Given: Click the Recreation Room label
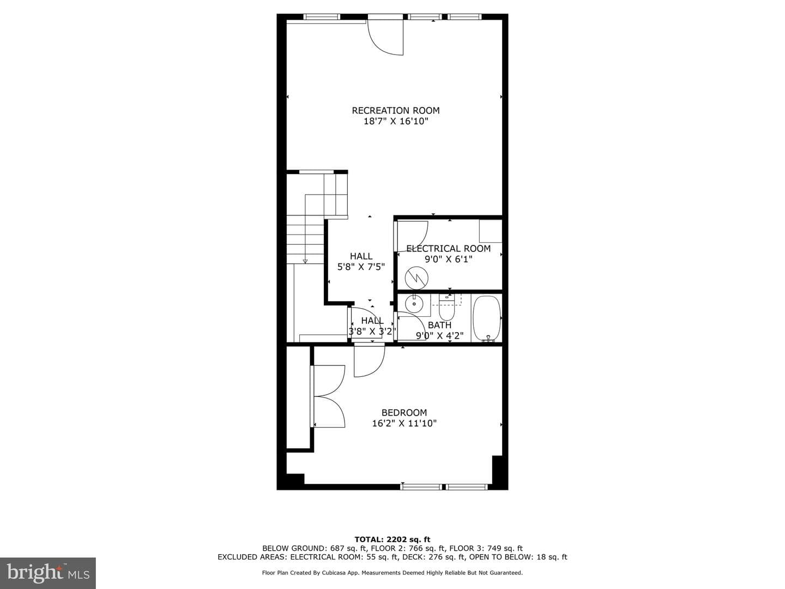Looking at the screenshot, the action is click(396, 111).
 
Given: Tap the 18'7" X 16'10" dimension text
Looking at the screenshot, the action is click(396, 121).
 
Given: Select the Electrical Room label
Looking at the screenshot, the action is click(449, 249).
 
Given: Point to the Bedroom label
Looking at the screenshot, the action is click(404, 412).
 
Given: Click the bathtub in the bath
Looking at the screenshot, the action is click(487, 317).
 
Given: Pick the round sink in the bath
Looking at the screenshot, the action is click(414, 304).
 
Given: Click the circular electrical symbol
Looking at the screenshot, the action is click(416, 278).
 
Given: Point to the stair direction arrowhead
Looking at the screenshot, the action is click(305, 261).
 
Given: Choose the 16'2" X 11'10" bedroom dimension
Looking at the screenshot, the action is click(404, 423).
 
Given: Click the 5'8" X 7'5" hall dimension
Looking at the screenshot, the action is click(361, 267).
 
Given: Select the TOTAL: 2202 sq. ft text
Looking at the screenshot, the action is click(392, 539).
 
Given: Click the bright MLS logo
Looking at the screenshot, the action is click(48, 573).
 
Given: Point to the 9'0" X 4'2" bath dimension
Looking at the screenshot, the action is click(439, 336).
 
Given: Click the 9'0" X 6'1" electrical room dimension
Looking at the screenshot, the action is click(449, 259).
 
